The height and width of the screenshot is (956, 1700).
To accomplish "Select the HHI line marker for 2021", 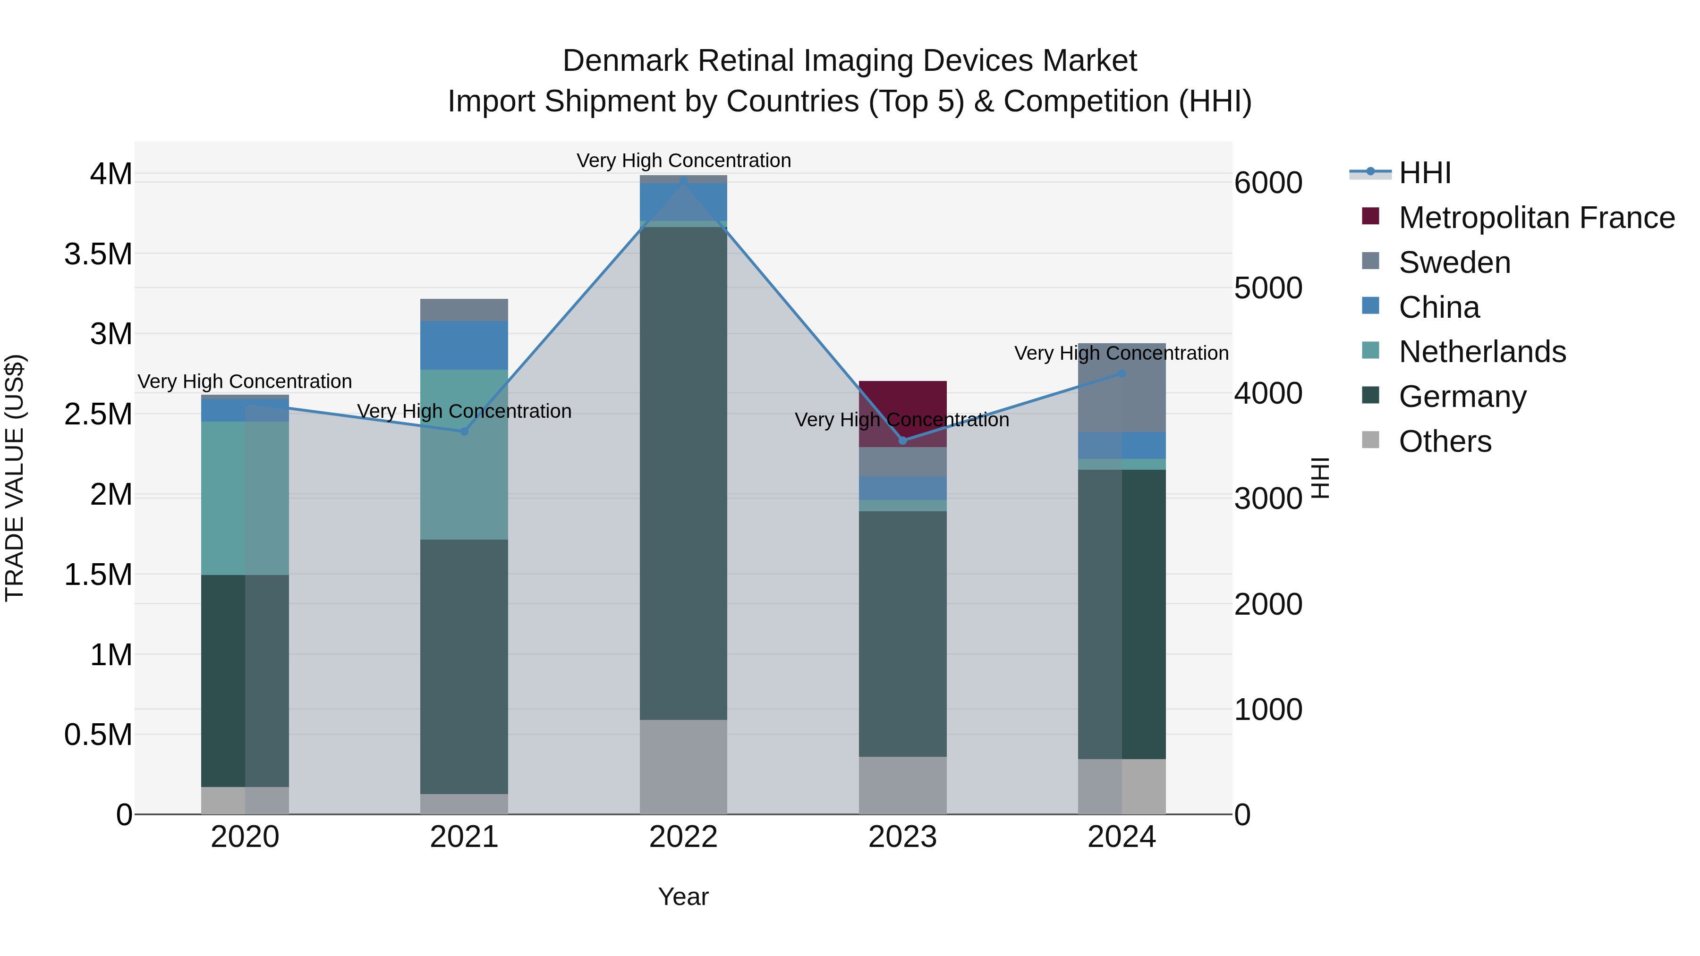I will [x=464, y=431].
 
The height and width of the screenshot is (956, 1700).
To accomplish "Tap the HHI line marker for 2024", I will [x=1122, y=373].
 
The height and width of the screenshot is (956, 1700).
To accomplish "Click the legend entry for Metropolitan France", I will [x=1536, y=218].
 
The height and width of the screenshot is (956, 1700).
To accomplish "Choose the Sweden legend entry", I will [x=1454, y=262].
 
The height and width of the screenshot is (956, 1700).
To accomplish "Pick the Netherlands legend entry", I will [x=1482, y=352].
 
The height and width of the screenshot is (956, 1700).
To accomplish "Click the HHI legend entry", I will [x=1424, y=173].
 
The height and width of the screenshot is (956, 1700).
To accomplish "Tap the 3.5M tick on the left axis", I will [x=98, y=254].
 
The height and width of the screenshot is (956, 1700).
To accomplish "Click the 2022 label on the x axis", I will [x=683, y=837].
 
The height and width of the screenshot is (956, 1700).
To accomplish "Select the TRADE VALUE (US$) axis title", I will [x=15, y=478].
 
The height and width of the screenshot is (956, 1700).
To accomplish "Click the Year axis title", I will [x=683, y=897].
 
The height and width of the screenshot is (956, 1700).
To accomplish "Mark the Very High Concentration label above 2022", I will [x=683, y=161].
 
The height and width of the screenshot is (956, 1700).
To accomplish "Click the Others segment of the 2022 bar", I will [x=683, y=767].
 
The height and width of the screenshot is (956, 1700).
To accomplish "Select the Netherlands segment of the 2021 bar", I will [x=464, y=455].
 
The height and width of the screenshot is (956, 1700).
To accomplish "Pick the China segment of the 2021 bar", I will [x=464, y=345].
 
